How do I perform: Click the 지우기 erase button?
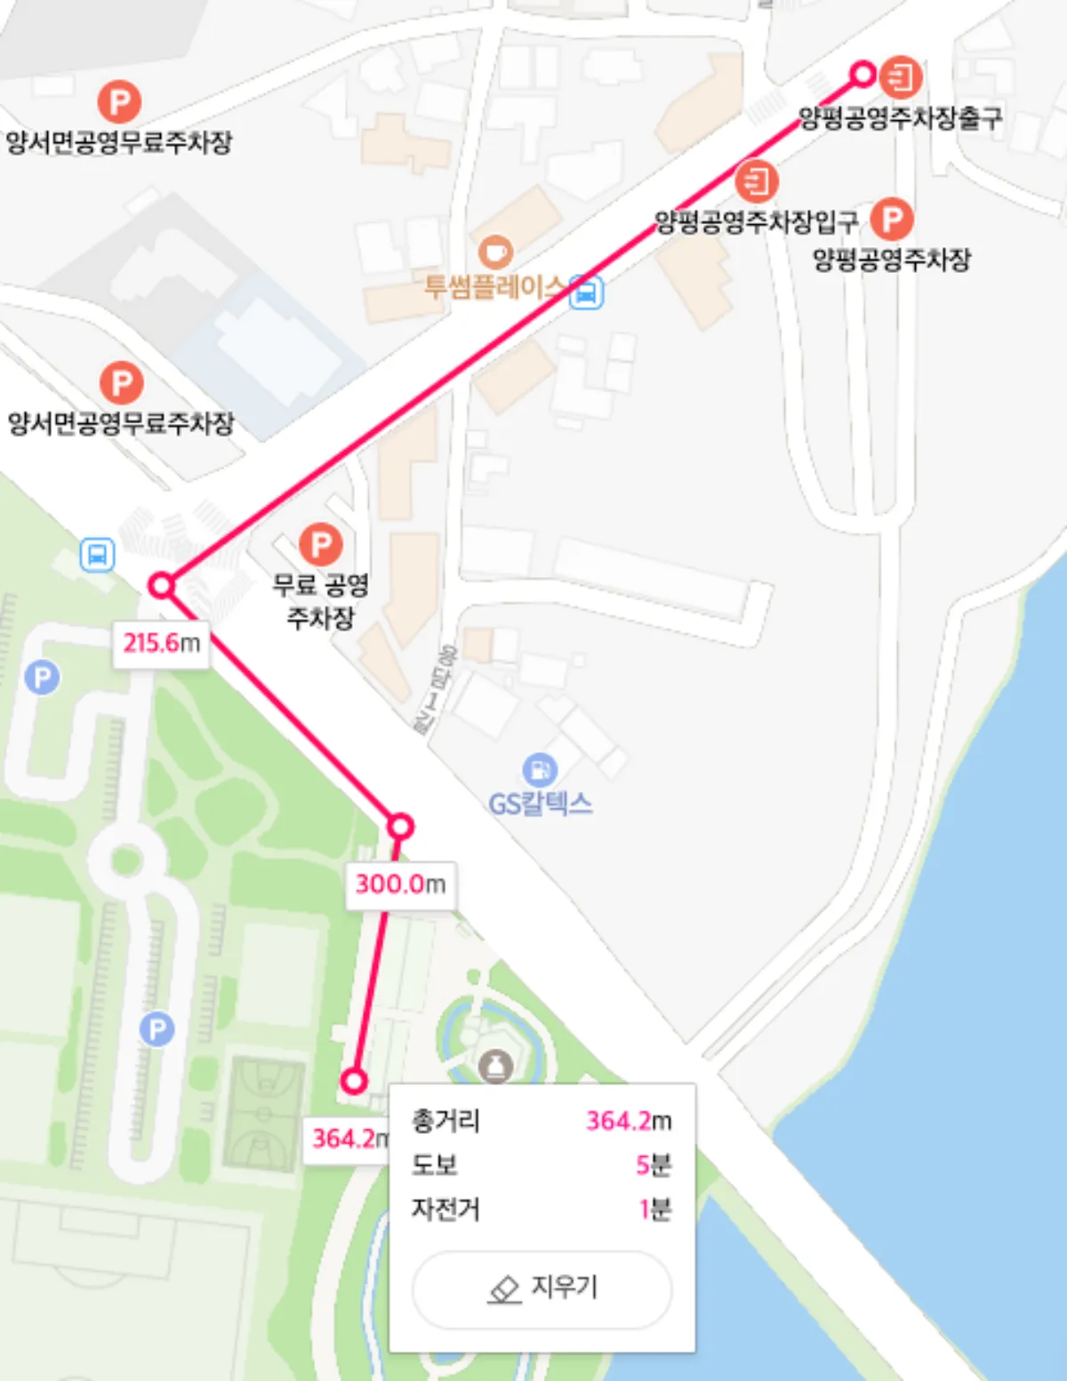542,1289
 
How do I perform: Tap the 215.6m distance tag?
162,643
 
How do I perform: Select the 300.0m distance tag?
400,884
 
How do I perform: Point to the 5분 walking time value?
654,1165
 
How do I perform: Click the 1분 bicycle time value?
655,1209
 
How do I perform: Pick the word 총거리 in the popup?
445,1120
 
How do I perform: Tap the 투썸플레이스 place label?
494,286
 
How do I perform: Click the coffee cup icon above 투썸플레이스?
495,252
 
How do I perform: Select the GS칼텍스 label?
540,804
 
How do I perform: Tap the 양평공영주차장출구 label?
900,118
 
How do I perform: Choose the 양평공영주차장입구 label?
756,221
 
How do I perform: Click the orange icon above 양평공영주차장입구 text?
757,181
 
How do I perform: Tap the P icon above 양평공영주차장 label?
892,219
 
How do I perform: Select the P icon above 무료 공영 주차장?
321,544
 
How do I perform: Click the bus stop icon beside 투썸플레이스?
586,291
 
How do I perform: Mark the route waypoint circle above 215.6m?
161,585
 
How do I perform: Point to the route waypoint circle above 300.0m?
400,827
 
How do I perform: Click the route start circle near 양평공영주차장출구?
862,74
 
